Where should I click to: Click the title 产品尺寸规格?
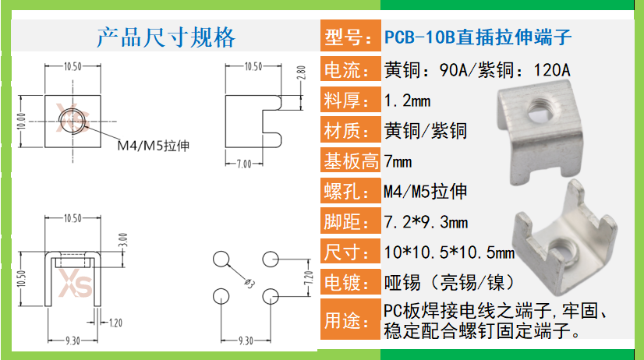(165, 37)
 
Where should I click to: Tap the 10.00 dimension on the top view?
(21, 121)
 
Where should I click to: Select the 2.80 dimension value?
(301, 75)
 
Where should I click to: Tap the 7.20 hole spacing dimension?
(306, 277)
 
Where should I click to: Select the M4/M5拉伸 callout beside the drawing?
(154, 146)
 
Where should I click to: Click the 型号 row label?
(349, 37)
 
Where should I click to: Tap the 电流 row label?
(349, 70)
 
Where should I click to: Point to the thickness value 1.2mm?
(408, 101)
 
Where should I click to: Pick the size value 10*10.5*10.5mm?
(449, 252)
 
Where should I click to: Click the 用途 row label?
(349, 319)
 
